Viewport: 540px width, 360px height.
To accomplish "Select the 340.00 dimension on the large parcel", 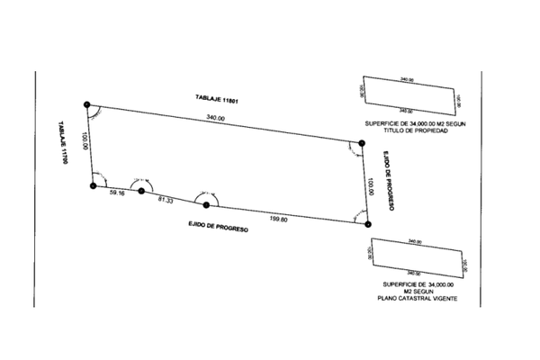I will click(x=215, y=118).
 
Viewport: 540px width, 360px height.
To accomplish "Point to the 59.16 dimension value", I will click(x=116, y=193).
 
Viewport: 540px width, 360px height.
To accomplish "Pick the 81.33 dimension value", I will click(x=166, y=199).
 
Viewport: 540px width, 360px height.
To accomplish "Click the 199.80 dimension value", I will click(x=278, y=219).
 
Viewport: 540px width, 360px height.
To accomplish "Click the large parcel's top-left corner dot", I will click(x=86, y=105).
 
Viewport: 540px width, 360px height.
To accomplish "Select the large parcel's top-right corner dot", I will click(x=361, y=142).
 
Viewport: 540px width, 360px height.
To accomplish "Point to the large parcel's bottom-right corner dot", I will click(x=367, y=225).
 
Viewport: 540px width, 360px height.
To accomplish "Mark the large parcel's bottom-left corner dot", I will click(x=93, y=185).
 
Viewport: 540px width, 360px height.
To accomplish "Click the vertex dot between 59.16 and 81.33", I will click(x=141, y=191).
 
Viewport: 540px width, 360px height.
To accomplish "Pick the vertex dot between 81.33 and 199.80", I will click(x=207, y=204).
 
